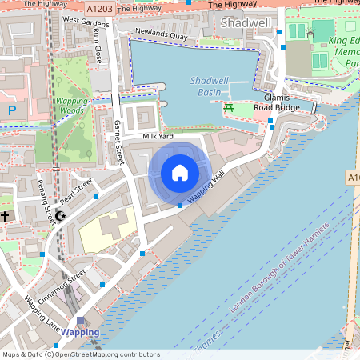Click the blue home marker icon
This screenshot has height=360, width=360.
click(x=179, y=173)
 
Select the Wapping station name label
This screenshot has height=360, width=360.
click(x=81, y=332)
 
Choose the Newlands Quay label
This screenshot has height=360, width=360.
click(x=161, y=34)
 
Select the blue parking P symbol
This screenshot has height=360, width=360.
click(x=11, y=110)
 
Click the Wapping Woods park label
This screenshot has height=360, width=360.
click(x=71, y=106)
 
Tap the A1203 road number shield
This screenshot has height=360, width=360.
click(x=99, y=8)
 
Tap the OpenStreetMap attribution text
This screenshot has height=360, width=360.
click(x=81, y=354)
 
